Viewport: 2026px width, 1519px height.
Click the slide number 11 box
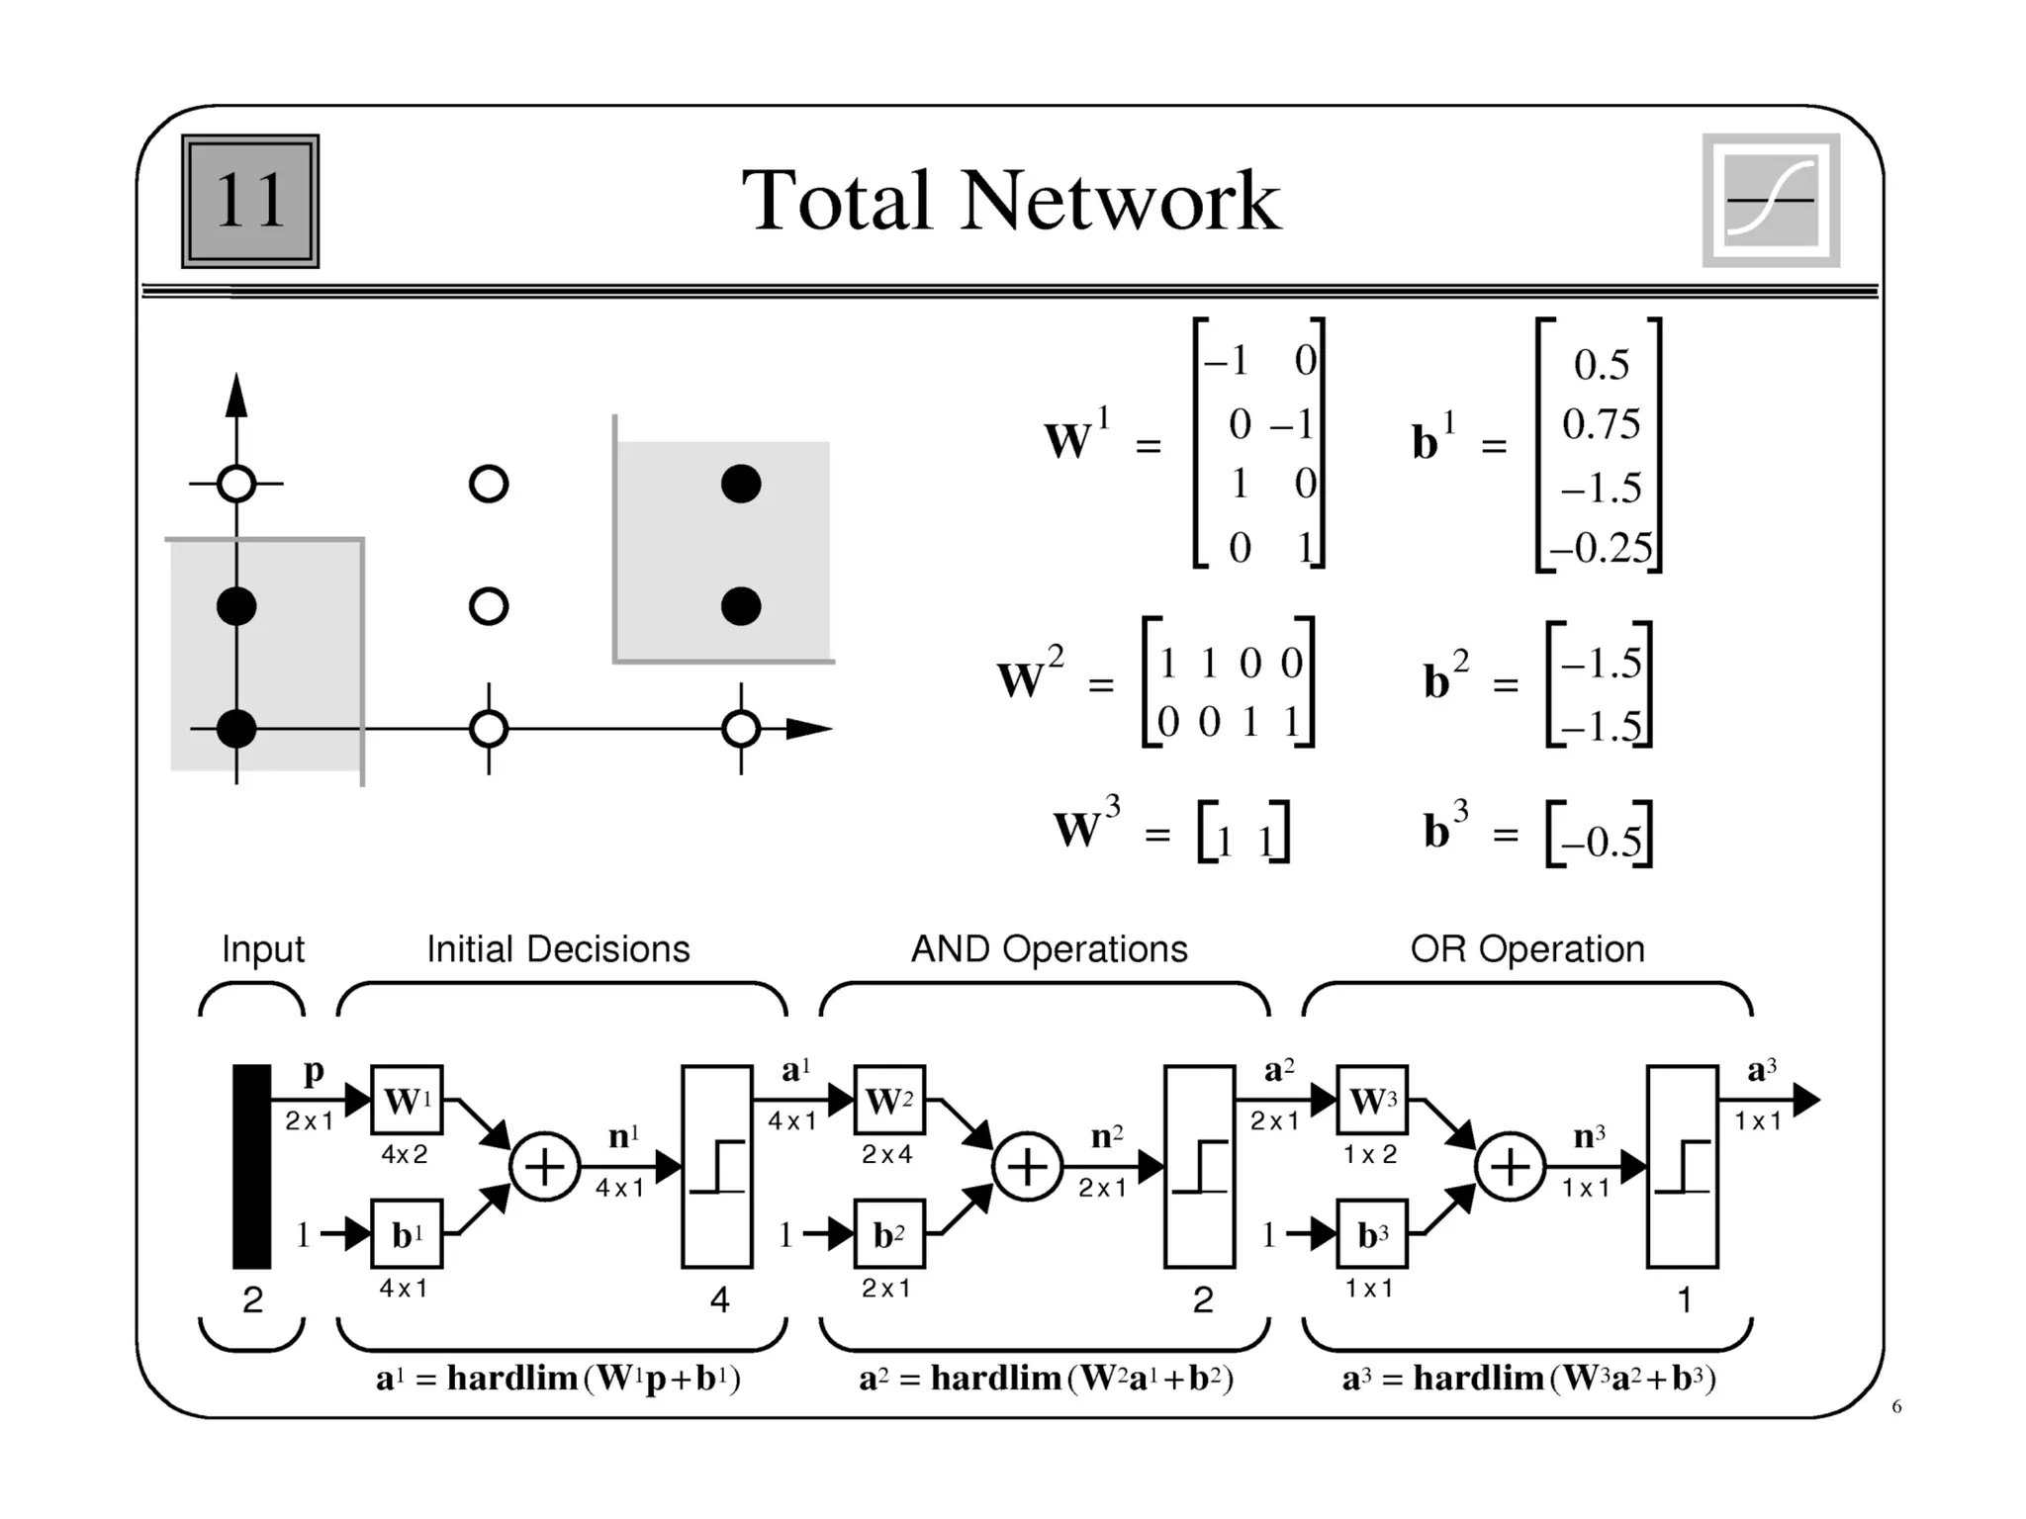click(x=250, y=201)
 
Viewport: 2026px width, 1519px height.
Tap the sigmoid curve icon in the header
click(x=1771, y=201)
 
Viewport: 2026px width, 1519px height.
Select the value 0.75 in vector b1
click(x=1601, y=424)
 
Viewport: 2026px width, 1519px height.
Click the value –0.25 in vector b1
click(x=1601, y=547)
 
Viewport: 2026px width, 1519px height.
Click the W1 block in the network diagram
click(x=407, y=1100)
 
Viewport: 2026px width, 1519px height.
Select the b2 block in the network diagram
click(x=889, y=1234)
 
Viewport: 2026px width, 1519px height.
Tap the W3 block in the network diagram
click(x=1372, y=1100)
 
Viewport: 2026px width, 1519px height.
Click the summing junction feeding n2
click(x=1027, y=1167)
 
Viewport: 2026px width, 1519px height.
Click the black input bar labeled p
click(x=251, y=1167)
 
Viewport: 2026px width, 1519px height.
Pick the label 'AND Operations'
click(x=1049, y=949)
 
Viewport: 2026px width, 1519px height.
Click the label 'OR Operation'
click(x=1527, y=949)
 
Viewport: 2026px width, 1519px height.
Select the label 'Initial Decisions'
click(x=558, y=949)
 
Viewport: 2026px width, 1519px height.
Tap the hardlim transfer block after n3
click(x=1682, y=1167)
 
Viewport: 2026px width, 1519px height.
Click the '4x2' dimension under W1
click(x=405, y=1154)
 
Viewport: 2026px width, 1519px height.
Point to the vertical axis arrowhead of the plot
click(x=236, y=396)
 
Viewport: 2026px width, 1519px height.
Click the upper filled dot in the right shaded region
click(x=741, y=485)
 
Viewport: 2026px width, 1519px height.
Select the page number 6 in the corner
click(x=1896, y=1406)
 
